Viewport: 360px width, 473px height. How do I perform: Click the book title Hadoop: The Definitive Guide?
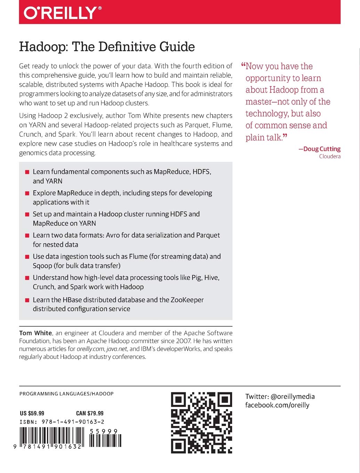pos(107,47)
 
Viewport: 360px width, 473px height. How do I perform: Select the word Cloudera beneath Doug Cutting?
pos(330,157)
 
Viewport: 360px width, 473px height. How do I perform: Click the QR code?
pos(202,423)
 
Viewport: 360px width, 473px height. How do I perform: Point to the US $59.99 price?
pos(32,413)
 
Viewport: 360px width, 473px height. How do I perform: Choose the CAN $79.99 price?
pos(90,413)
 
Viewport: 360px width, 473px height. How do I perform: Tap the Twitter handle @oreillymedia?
pos(293,396)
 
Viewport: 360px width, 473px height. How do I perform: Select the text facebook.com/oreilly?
pos(277,405)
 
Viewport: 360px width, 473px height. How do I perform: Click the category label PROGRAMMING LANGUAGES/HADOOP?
pos(66,394)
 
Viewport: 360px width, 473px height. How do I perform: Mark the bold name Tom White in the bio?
pos(35,333)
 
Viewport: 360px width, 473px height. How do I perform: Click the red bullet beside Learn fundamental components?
pos(27,172)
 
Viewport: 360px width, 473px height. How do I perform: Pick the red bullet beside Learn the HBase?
pos(27,300)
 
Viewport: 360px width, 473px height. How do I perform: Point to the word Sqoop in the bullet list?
pos(42,266)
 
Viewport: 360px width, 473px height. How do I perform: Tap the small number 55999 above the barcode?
pos(104,431)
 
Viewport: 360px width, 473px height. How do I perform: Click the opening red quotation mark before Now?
pos(243,65)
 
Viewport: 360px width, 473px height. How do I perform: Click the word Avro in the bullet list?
pos(113,235)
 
